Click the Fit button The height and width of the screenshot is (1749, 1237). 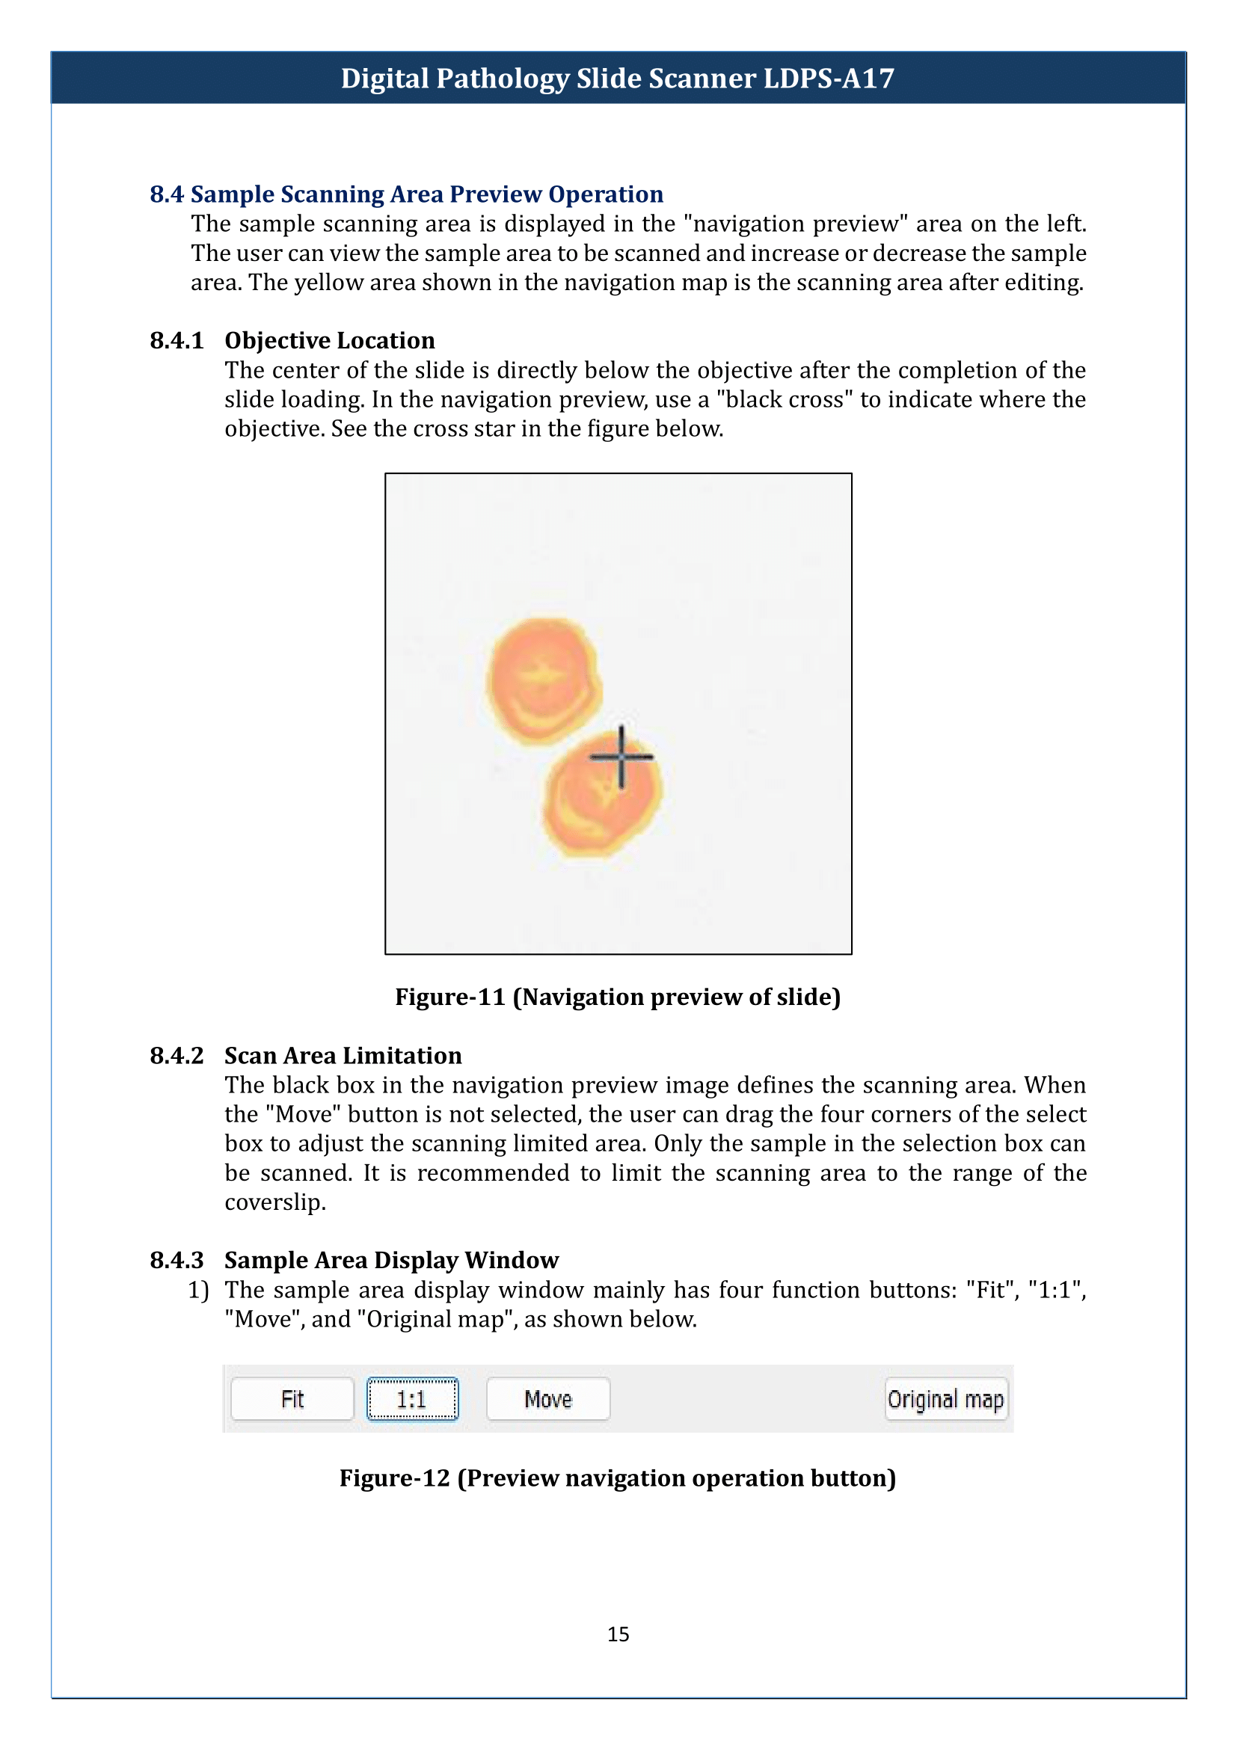(292, 1398)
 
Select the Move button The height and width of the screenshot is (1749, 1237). (547, 1398)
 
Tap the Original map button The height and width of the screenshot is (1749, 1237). (945, 1398)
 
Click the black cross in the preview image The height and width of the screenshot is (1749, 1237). (621, 757)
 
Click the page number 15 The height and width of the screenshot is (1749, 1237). (618, 1634)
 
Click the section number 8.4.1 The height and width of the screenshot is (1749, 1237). (177, 340)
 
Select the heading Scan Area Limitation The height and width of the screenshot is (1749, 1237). (343, 1055)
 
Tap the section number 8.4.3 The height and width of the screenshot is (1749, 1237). (177, 1260)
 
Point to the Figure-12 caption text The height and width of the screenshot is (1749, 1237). (618, 1478)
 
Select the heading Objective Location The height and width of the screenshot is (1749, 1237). (330, 340)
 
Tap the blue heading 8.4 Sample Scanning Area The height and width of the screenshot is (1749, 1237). (406, 194)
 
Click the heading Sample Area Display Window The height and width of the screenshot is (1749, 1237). (391, 1260)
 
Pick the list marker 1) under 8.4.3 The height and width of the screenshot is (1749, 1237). (198, 1290)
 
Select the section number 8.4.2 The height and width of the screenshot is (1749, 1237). (177, 1055)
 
